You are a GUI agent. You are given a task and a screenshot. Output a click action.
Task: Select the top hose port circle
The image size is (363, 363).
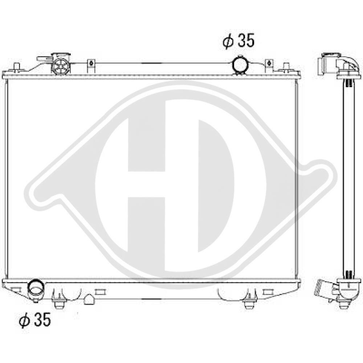pyautogui.click(x=240, y=65)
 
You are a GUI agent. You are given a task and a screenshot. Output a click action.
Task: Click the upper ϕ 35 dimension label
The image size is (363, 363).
pyautogui.click(x=239, y=41)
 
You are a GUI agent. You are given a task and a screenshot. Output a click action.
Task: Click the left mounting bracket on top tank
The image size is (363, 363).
pyautogui.click(x=91, y=66)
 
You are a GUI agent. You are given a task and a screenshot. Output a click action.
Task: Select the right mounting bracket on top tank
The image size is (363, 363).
pyautogui.click(x=269, y=66)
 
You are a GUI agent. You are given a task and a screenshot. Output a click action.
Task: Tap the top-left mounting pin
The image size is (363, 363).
pyautogui.click(x=16, y=67)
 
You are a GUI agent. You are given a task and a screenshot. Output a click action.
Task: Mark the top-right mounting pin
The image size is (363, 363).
pyautogui.click(x=287, y=67)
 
